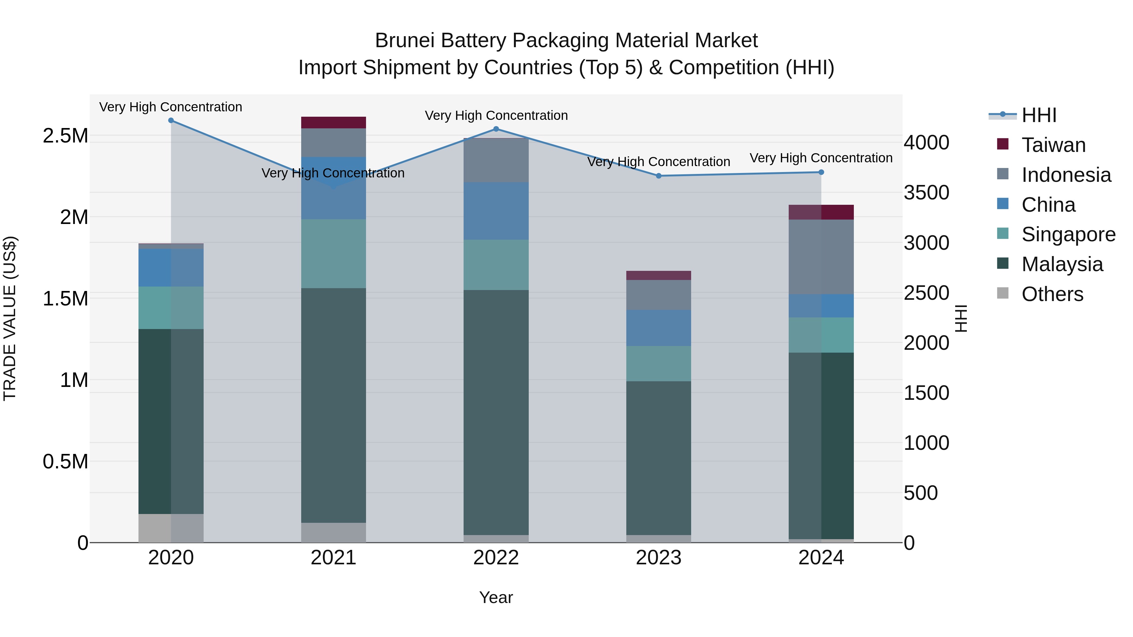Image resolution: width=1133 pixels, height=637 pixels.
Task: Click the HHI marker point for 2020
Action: (x=171, y=120)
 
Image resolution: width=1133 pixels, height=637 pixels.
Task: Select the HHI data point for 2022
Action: (x=496, y=129)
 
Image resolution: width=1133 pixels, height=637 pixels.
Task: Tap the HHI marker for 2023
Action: (x=658, y=176)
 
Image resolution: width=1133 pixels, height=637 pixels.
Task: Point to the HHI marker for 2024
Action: (x=821, y=172)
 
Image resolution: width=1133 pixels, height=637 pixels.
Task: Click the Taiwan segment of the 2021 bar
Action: (x=333, y=123)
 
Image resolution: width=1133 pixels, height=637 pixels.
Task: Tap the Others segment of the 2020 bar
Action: (x=171, y=528)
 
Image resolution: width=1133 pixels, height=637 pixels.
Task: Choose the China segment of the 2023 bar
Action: (x=658, y=328)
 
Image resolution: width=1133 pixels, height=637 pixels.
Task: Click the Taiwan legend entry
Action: (x=1053, y=145)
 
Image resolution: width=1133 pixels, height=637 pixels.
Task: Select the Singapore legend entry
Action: (x=1068, y=234)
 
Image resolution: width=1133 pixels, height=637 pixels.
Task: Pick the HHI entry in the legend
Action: (x=1039, y=115)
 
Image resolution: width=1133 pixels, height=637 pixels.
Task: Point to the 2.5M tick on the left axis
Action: (x=65, y=136)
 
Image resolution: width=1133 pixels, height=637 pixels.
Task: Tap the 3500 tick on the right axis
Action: (x=926, y=193)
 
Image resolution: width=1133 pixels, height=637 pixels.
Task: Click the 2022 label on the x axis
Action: (x=496, y=558)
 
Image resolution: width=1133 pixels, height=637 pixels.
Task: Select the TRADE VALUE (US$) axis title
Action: (x=10, y=318)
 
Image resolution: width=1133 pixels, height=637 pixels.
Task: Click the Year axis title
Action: (x=496, y=597)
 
